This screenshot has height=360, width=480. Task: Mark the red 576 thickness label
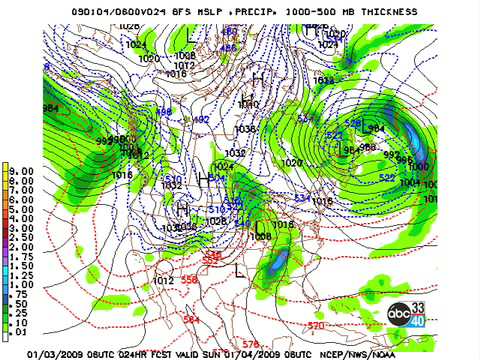coord(251,343)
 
